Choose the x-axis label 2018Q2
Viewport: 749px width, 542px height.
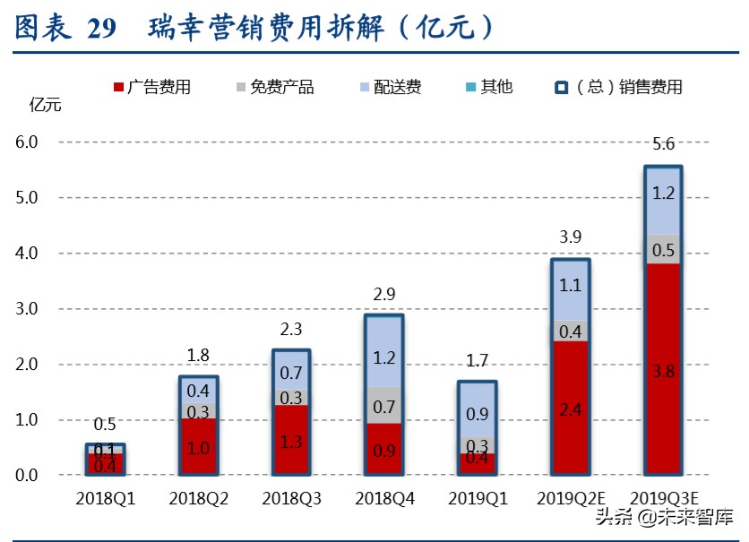tap(199, 498)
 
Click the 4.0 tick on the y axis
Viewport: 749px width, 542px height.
tap(27, 254)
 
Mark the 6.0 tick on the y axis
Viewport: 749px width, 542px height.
tap(27, 142)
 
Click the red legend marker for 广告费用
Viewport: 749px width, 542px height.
tap(118, 88)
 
